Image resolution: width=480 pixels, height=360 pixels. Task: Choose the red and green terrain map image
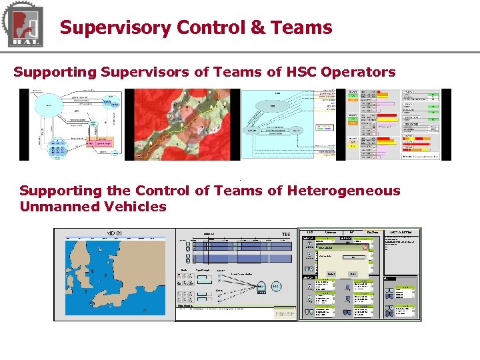coord(183,125)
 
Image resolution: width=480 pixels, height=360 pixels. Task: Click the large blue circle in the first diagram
coord(49,105)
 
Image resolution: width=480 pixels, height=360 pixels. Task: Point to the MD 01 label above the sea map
coord(115,233)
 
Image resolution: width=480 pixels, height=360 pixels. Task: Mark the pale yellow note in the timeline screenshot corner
coord(283,313)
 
